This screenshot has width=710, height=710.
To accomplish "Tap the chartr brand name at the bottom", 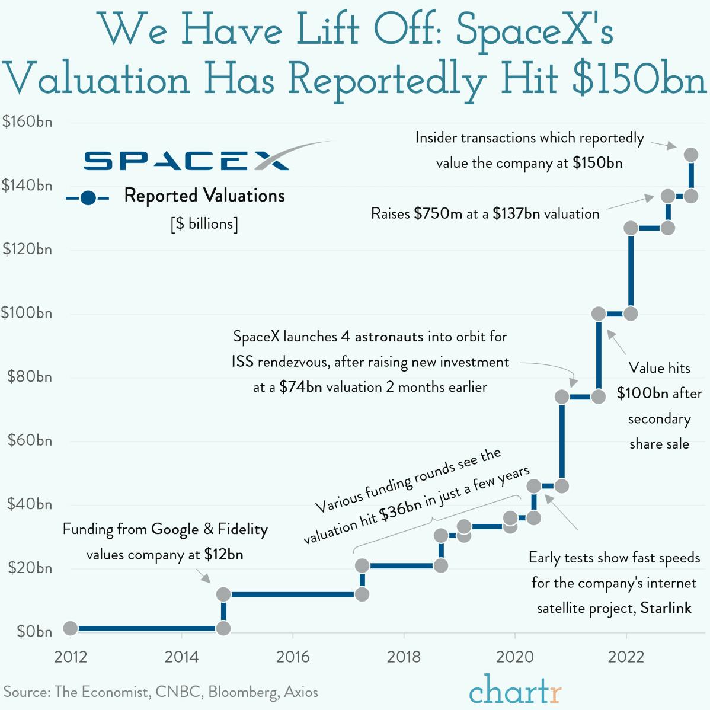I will tap(514, 689).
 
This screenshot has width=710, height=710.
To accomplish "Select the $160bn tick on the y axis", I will tap(27, 122).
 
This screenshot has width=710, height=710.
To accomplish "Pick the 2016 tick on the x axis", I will tap(293, 657).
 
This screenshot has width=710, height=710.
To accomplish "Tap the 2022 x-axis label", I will tap(626, 657).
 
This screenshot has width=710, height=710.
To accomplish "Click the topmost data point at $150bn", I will tap(690, 155).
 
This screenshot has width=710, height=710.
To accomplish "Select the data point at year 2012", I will tap(71, 628).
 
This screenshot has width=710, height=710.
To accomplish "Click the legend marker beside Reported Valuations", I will tap(88, 198).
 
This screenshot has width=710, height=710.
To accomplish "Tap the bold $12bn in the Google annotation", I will tap(223, 555).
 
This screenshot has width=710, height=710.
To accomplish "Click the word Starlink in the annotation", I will tap(666, 608).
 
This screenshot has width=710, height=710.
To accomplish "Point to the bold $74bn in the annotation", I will tap(300, 388).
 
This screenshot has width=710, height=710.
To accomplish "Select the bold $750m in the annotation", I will tap(438, 213).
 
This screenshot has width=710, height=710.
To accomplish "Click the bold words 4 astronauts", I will tap(382, 337).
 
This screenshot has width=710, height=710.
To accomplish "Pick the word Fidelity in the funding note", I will tap(242, 529).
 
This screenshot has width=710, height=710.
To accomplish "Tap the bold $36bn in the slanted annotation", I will tap(401, 509).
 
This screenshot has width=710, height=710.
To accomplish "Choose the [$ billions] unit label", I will tap(204, 224).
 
